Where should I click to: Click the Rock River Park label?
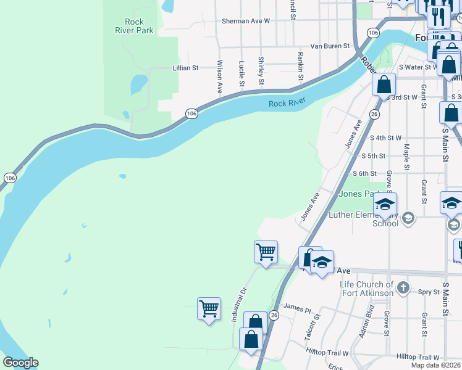(x=130, y=25)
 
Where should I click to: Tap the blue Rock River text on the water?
(x=287, y=104)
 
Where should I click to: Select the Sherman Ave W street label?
(x=246, y=21)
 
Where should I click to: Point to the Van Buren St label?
(x=330, y=46)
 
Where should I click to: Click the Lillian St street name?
(x=185, y=68)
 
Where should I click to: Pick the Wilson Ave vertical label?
(x=219, y=77)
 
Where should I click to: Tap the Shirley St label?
(x=261, y=71)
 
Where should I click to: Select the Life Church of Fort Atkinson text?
(x=367, y=289)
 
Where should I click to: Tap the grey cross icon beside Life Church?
(x=403, y=287)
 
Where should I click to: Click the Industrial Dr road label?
(x=239, y=305)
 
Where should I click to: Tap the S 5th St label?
(x=373, y=157)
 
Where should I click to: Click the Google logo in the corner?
(x=20, y=363)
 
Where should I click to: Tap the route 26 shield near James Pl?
(x=274, y=315)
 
